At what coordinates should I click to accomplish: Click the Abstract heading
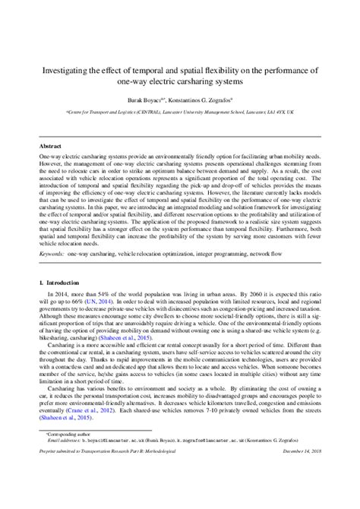(x=50, y=144)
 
